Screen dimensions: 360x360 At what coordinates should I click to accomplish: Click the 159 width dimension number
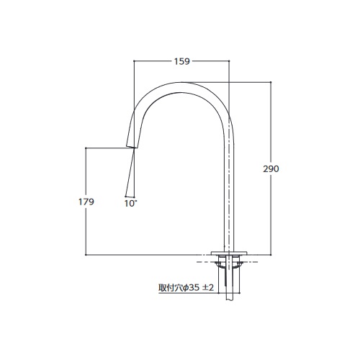click(182, 61)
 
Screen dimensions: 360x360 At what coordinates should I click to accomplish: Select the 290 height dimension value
click(271, 169)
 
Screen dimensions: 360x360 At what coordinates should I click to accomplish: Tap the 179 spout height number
click(86, 202)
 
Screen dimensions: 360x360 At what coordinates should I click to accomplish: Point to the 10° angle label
click(130, 204)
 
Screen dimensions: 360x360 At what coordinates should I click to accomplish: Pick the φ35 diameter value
click(192, 288)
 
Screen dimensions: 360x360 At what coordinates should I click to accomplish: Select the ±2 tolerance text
click(208, 288)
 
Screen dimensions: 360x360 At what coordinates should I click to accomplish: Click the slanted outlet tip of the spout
click(132, 146)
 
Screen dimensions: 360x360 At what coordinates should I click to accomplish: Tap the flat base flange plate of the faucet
click(229, 253)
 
